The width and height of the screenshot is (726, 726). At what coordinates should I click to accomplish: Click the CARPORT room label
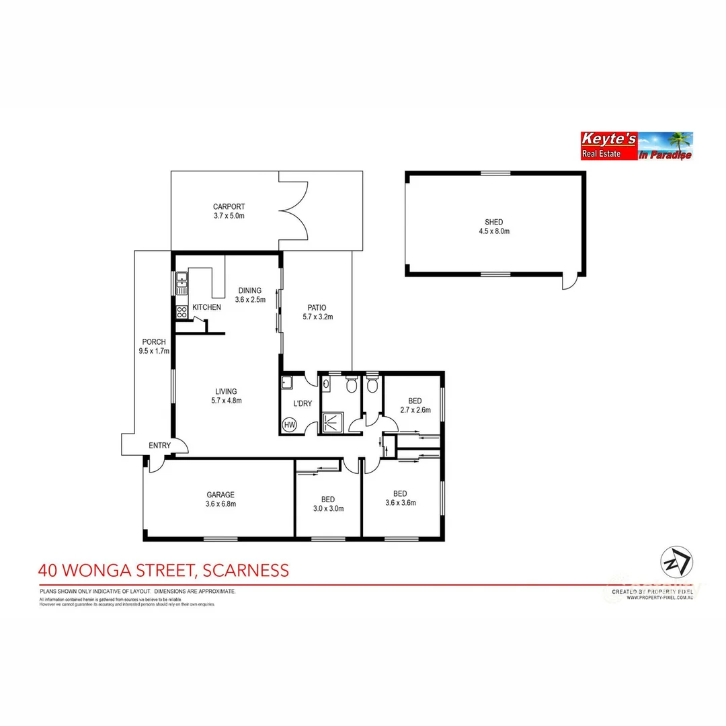click(x=229, y=207)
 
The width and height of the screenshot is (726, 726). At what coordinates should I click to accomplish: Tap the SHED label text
click(x=494, y=223)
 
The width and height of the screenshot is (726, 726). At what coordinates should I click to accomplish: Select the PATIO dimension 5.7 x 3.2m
click(x=318, y=317)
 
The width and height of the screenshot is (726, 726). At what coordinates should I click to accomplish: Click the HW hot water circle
click(x=290, y=425)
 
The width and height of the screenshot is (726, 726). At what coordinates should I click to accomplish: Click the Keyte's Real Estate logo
click(x=636, y=146)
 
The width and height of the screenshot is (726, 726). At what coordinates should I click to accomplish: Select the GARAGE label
click(x=220, y=495)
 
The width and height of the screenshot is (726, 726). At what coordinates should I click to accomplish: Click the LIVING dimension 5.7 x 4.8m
click(x=226, y=401)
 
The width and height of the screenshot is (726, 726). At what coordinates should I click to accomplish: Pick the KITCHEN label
click(x=206, y=307)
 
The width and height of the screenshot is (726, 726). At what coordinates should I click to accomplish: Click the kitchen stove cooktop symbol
click(x=182, y=312)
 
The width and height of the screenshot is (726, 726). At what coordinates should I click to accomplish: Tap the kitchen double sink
click(x=182, y=282)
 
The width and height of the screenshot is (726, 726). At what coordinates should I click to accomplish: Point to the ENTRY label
click(x=160, y=445)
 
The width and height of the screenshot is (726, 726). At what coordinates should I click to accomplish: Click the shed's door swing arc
click(x=570, y=282)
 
